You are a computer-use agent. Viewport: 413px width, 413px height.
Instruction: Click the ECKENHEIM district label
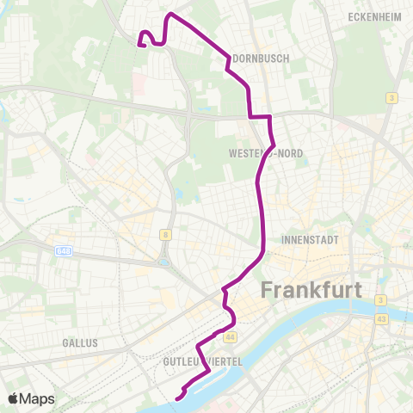coord(371,16)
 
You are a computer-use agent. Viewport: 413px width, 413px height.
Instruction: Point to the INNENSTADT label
coord(310,239)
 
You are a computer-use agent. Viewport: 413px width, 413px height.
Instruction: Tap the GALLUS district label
coord(80,342)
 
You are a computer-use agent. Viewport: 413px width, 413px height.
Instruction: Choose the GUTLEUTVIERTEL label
coord(204,362)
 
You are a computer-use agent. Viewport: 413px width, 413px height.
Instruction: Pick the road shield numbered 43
coord(379,320)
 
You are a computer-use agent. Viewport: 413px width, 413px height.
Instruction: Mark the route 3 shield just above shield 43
coord(379,300)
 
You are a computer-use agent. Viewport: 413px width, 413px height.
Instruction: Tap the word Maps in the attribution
coord(38,398)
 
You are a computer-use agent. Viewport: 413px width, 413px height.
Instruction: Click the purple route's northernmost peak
coord(170,15)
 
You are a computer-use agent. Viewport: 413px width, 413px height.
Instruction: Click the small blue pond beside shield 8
coord(163,262)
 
